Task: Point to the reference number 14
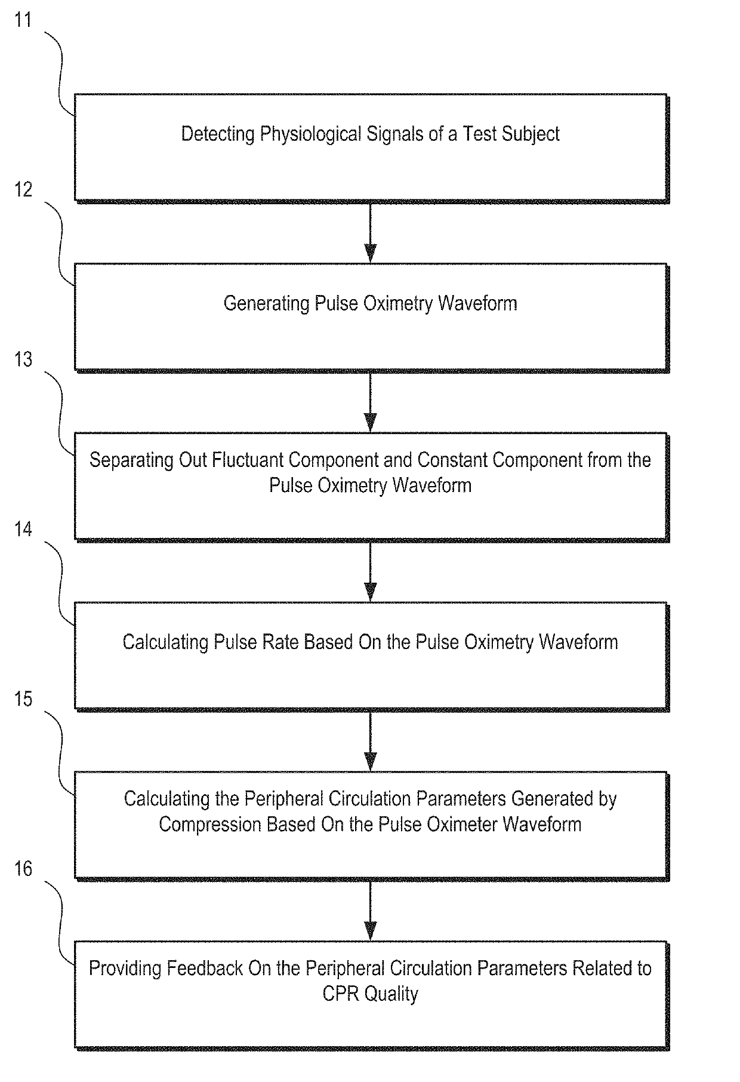23,528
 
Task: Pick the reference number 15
23,698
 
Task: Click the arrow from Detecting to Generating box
370,232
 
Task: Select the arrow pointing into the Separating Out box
370,402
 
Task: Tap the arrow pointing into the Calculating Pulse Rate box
370,571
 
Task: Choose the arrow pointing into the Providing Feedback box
370,911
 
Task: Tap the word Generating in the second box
267,304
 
